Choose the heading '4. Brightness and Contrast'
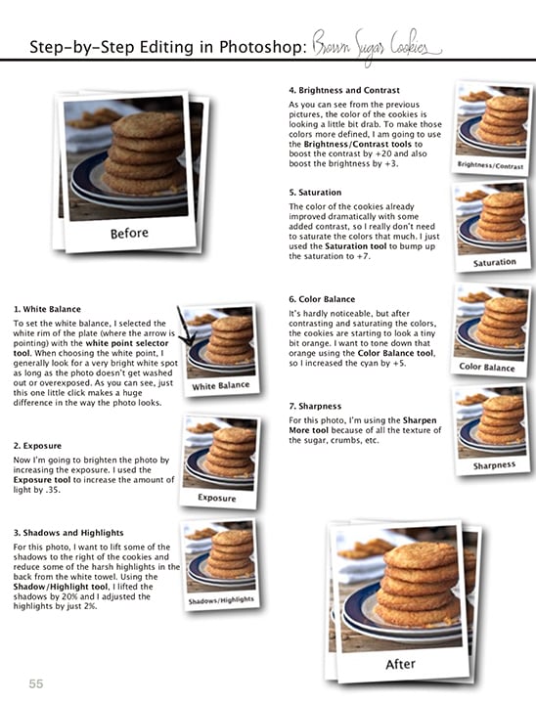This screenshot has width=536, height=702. coord(343,90)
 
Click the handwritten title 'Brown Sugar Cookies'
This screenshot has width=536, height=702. coord(378,45)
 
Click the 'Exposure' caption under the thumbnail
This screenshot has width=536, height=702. coord(217,497)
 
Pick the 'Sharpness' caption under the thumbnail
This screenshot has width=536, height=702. coord(494,465)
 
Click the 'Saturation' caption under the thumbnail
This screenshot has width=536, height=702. coord(494,263)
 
